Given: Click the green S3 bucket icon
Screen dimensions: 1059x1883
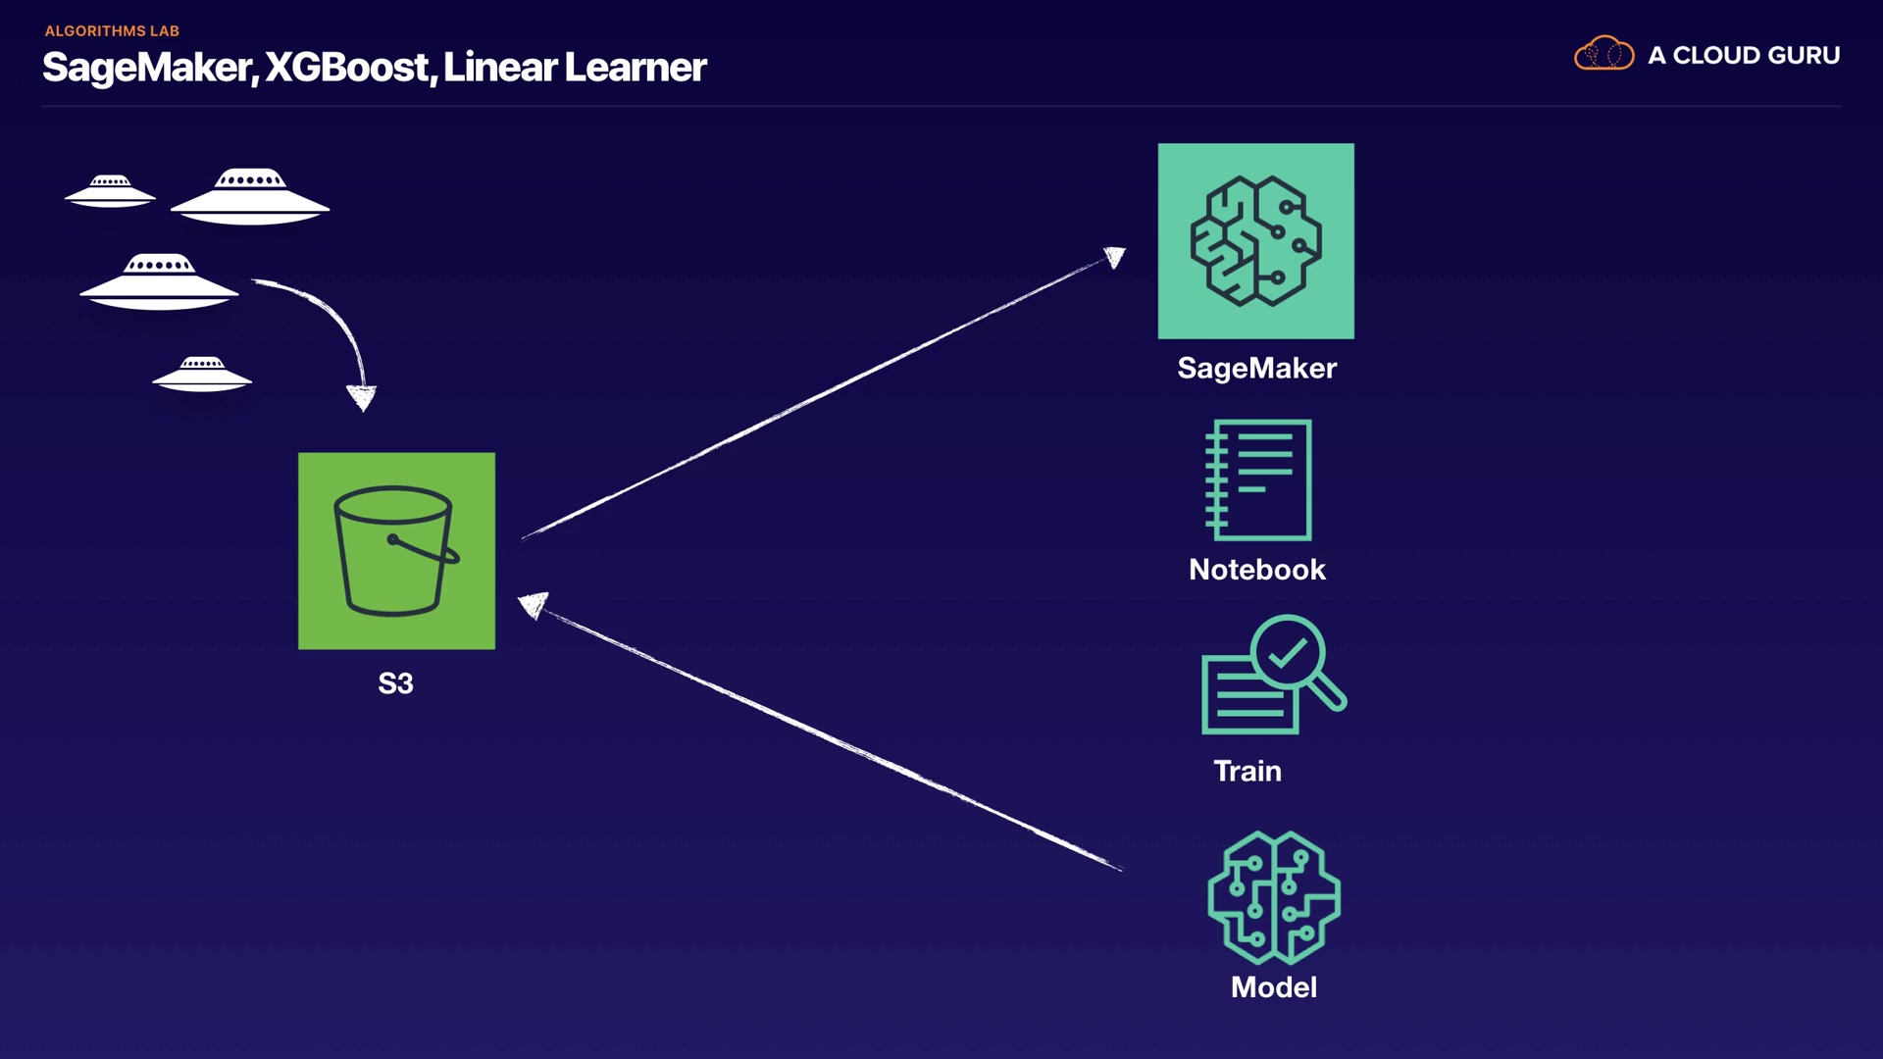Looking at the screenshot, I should (x=396, y=550).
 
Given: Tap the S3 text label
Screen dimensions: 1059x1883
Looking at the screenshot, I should (x=395, y=683).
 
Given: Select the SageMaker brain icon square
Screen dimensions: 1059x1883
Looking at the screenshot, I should (x=1255, y=241).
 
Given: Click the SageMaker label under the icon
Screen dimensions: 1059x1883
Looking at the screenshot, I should (x=1256, y=368).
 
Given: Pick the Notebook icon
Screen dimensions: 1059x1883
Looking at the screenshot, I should (x=1258, y=479).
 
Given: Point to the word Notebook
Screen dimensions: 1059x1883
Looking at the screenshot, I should (x=1256, y=570).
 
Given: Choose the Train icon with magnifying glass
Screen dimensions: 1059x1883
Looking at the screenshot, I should (x=1272, y=676).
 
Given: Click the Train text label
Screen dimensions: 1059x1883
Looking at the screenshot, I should (x=1247, y=771).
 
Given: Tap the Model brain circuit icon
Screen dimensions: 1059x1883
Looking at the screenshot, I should (x=1273, y=897).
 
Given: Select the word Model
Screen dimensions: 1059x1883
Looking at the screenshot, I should (x=1273, y=987).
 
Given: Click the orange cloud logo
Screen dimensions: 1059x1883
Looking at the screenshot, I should (x=1603, y=54).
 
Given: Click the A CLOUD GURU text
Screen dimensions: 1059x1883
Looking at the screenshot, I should (x=1743, y=56).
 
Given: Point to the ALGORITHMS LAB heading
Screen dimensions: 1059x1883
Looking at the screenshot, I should (x=112, y=31).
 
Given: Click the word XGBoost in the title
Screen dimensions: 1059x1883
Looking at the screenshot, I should (x=347, y=68).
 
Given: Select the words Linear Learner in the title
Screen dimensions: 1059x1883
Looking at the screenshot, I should (x=575, y=68).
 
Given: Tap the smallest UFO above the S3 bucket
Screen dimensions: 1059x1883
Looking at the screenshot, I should (x=202, y=374).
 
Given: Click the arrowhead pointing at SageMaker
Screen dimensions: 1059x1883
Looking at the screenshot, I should (x=1114, y=258).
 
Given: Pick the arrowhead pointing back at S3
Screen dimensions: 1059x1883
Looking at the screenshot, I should (x=533, y=605).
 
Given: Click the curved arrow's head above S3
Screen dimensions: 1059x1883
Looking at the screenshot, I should (x=361, y=397).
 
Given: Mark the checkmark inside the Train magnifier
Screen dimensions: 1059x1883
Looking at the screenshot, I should (x=1287, y=651).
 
